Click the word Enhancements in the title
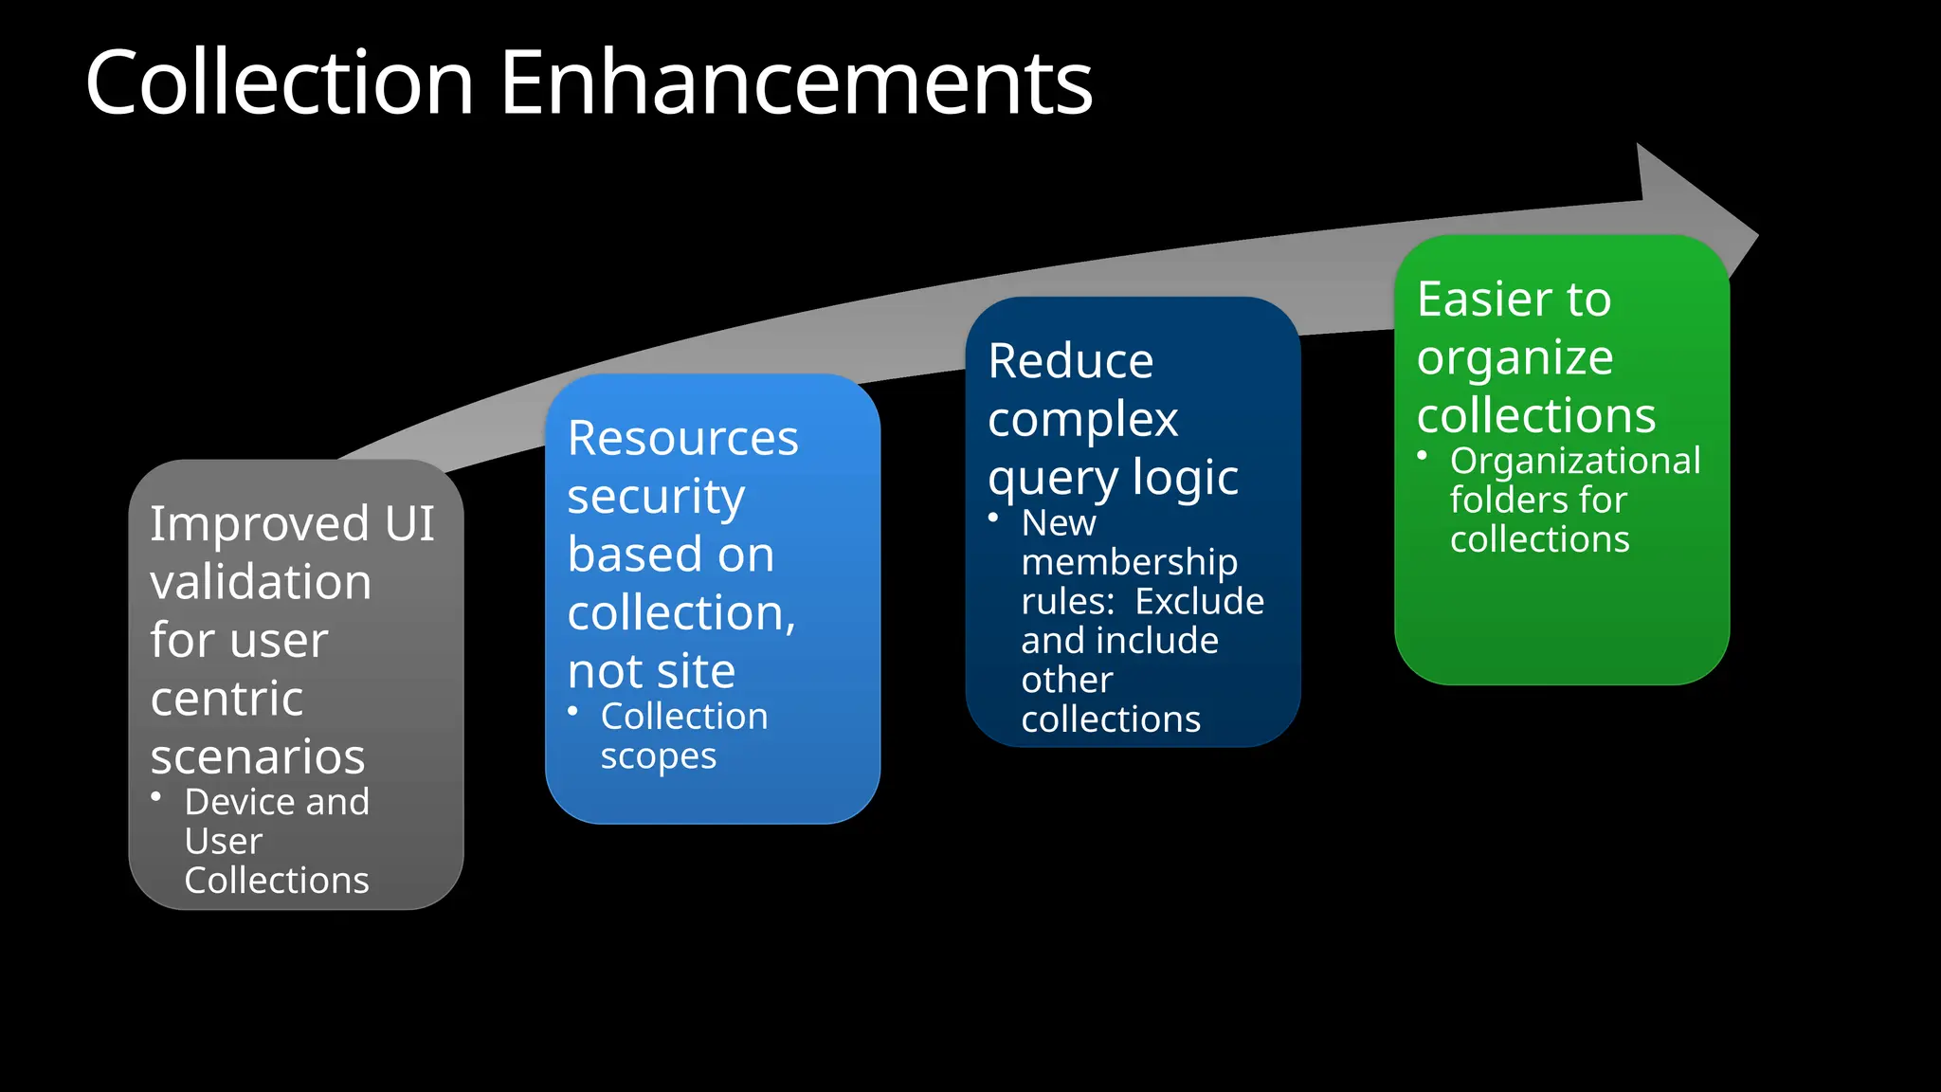point(796,83)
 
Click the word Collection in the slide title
point(280,83)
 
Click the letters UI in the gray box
point(409,524)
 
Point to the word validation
point(261,582)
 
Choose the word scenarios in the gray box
point(258,756)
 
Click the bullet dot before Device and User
point(156,797)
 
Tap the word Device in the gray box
point(237,803)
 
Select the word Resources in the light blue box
point(682,439)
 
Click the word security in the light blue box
point(656,498)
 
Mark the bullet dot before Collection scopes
point(572,711)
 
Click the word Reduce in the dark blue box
point(1070,361)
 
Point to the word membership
point(1129,562)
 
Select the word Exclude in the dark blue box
point(1199,602)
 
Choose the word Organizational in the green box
point(1575,461)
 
